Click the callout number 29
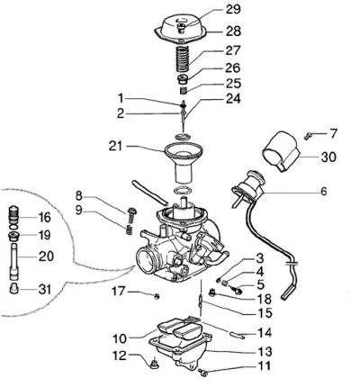[233, 9]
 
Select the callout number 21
[116, 147]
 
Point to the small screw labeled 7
[308, 136]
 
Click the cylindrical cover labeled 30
[282, 151]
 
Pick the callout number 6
[323, 192]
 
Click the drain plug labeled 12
[155, 364]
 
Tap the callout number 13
[265, 352]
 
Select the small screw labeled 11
[203, 373]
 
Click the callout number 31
[44, 290]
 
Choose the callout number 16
[44, 217]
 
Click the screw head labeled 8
[132, 211]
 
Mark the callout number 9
[78, 211]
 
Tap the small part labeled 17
[157, 296]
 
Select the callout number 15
[265, 312]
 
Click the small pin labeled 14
[237, 335]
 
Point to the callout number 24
[233, 98]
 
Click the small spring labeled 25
[184, 90]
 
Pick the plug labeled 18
[212, 292]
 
